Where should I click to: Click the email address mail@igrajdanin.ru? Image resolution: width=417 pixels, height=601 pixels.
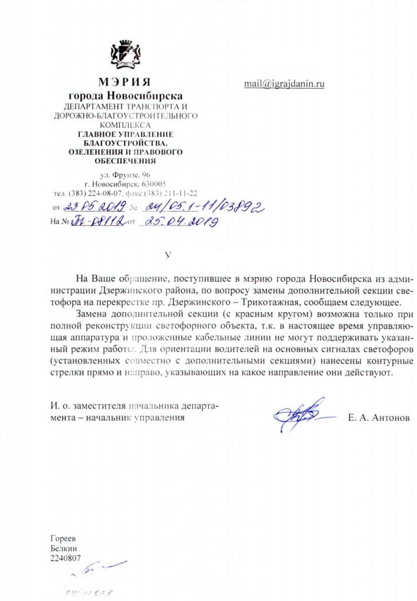tap(284, 84)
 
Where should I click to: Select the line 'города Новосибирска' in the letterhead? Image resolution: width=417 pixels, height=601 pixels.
tap(126, 95)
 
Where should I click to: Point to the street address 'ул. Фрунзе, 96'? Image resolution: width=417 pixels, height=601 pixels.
tap(125, 175)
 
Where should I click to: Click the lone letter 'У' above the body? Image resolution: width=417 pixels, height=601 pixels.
tap(169, 255)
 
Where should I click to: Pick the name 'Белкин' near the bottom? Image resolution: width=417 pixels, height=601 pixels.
tap(63, 548)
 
